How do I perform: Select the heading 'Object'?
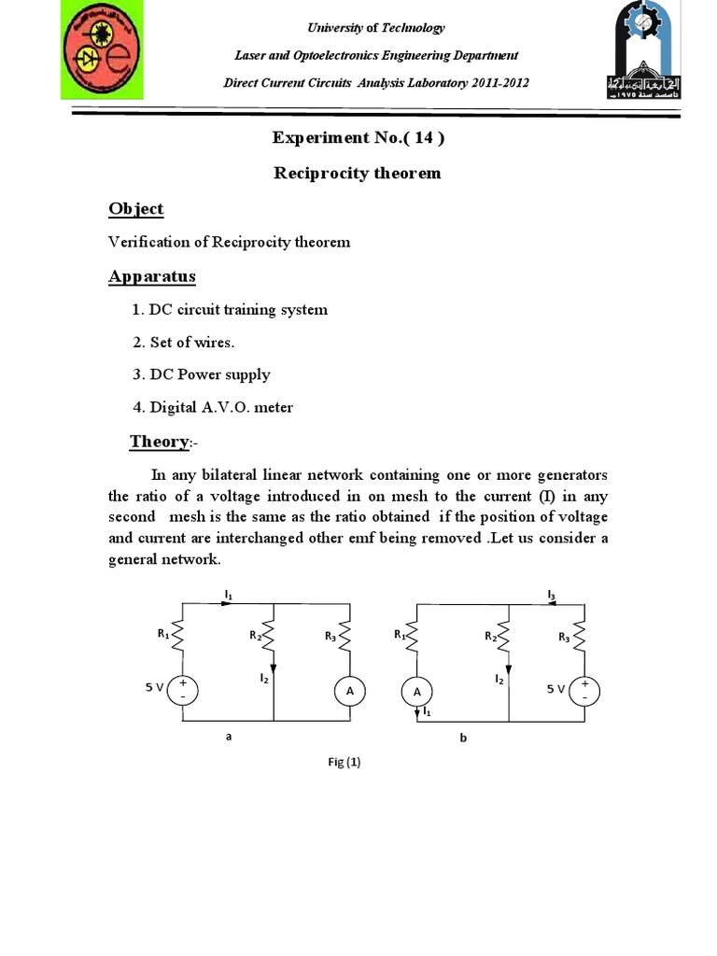coord(135,208)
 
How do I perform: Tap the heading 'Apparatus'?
coord(152,276)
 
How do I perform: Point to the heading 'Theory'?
coord(160,441)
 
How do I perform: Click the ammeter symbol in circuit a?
coord(350,691)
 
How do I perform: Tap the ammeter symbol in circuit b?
coord(416,691)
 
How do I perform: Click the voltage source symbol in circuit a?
coord(183,691)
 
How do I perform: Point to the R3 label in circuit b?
coord(564,638)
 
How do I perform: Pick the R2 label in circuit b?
coord(489,637)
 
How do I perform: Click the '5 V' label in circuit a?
coord(154,687)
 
